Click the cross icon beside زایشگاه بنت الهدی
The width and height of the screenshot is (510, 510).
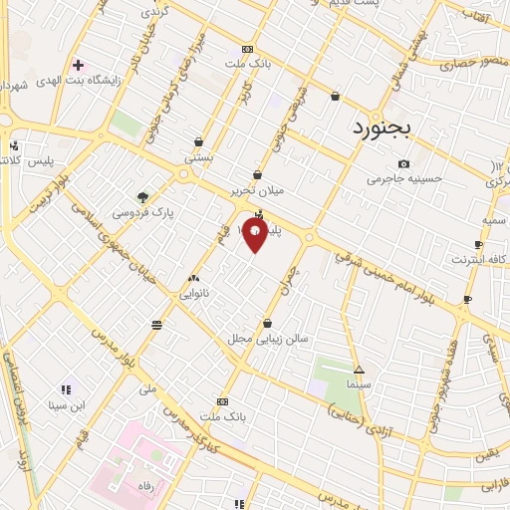tap(78, 65)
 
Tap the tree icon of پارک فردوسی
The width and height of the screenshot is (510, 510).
tap(143, 196)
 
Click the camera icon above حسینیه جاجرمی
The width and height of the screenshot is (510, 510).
tap(403, 163)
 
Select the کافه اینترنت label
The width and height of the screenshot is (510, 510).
tap(478, 259)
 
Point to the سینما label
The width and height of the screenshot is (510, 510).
tap(359, 382)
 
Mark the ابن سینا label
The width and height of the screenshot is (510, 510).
tap(67, 405)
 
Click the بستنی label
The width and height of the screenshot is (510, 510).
tap(198, 157)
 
